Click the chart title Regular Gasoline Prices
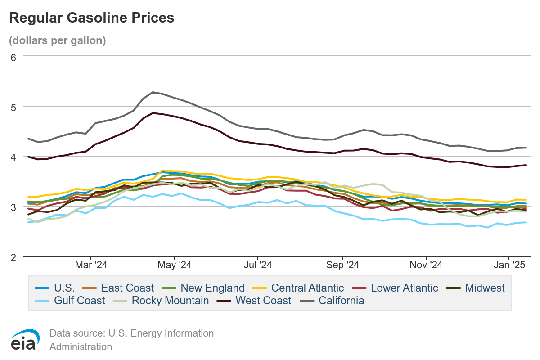(92, 18)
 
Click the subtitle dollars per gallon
(58, 40)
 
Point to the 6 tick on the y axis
(13, 57)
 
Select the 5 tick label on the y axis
(13, 107)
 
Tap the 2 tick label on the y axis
(13, 257)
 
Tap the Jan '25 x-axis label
(510, 265)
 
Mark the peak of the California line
(153, 92)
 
